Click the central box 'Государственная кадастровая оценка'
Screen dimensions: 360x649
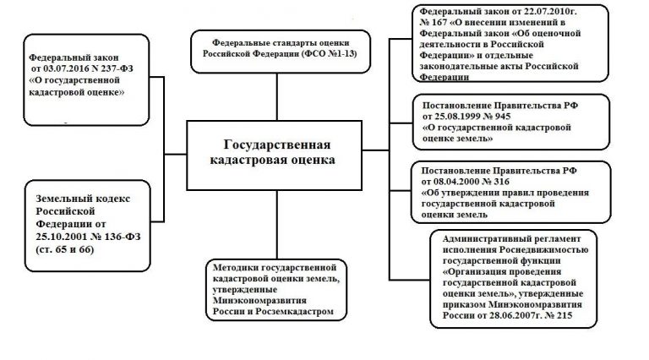[x=271, y=152]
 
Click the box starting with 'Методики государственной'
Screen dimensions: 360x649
[x=275, y=287]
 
